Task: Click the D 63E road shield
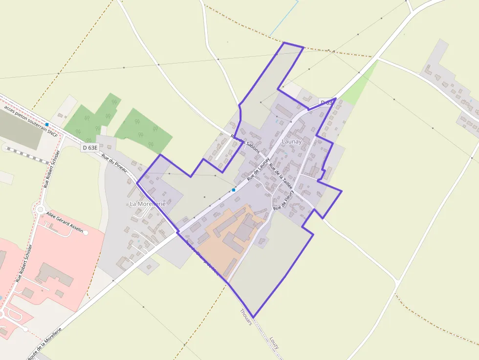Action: point(90,147)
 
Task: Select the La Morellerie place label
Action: point(147,203)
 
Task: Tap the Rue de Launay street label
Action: point(259,169)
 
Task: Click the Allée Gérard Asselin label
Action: point(65,222)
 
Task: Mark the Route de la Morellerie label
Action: point(44,344)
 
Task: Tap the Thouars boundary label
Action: point(246,317)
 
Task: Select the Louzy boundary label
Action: point(274,342)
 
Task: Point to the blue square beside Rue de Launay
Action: point(234,190)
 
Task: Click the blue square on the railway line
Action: point(47,125)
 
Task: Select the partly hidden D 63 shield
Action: point(326,102)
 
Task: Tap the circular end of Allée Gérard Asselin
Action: point(86,233)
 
